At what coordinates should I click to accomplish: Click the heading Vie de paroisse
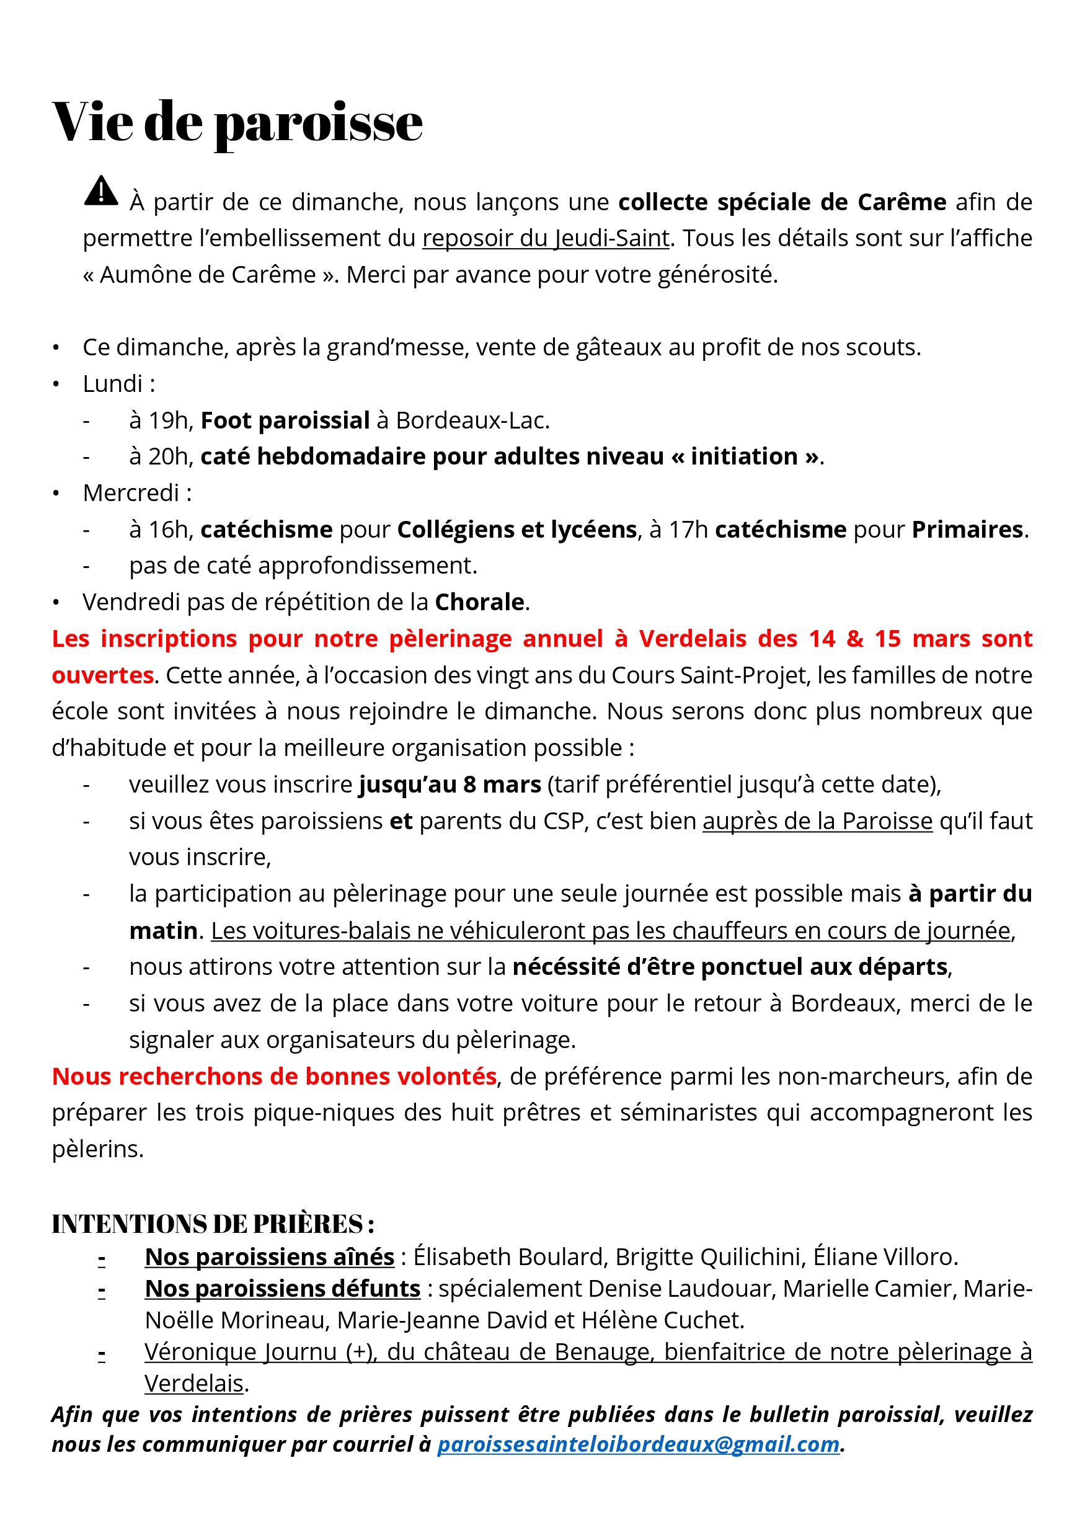[x=237, y=122]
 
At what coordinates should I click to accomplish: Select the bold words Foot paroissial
[x=285, y=420]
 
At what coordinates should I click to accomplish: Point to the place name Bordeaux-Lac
[x=472, y=420]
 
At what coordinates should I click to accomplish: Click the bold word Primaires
[x=967, y=530]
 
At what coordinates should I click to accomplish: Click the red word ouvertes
[x=102, y=675]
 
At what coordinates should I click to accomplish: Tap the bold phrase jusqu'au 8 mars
[x=449, y=785]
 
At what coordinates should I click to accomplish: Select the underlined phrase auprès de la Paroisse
[x=817, y=821]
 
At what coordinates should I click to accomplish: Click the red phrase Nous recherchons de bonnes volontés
[x=274, y=1077]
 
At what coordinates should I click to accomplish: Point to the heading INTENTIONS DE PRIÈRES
[x=212, y=1224]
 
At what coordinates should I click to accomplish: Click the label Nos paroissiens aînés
[x=269, y=1257]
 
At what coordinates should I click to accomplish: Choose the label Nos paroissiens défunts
[x=282, y=1289]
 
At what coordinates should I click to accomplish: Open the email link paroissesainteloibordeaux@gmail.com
[x=637, y=1444]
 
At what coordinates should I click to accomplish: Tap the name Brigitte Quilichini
[x=709, y=1257]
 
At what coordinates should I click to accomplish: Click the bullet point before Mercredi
[x=56, y=494]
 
